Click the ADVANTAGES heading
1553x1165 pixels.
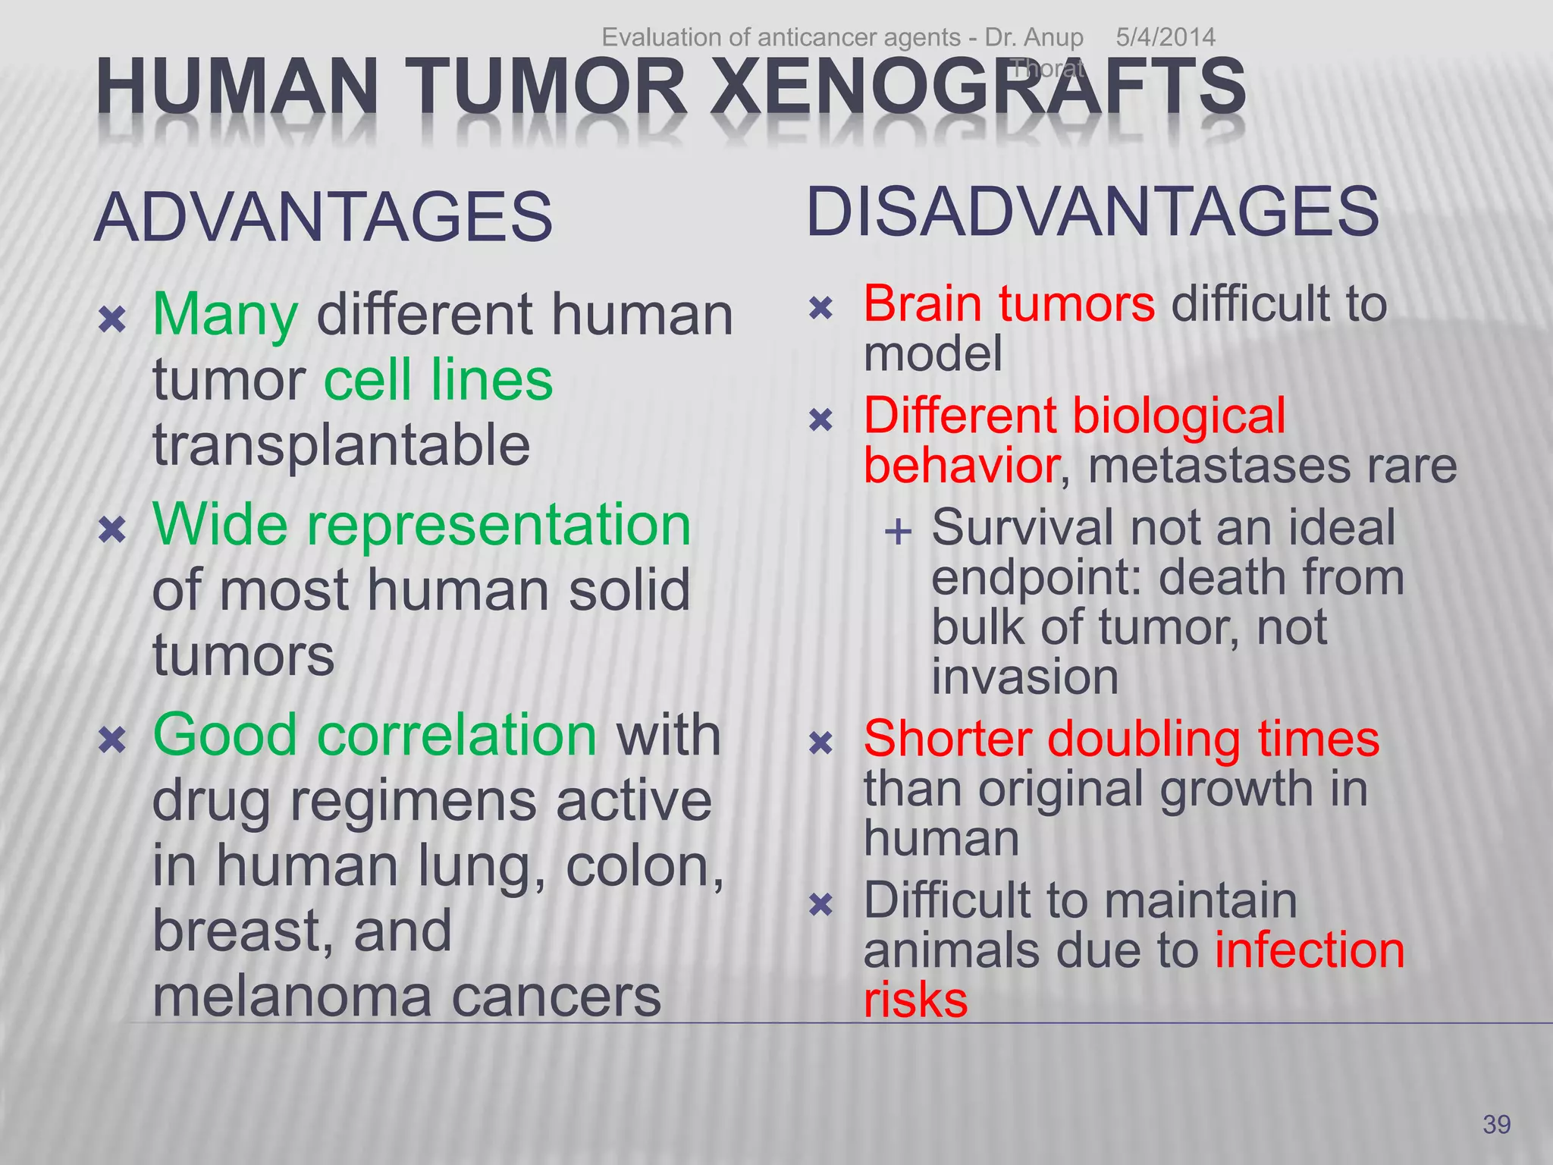324,218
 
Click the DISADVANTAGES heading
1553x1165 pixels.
1093,212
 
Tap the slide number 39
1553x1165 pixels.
1496,1124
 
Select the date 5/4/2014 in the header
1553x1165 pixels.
1166,37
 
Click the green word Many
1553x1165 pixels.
225,316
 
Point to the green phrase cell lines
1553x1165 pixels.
438,380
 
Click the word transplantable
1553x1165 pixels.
341,444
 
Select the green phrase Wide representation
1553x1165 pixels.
422,525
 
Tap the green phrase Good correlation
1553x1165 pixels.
375,735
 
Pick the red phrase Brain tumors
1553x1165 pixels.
1009,304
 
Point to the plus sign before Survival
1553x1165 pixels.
898,532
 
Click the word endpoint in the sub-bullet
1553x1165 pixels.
1036,578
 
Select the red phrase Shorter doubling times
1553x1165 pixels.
1122,739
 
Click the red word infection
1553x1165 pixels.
1310,950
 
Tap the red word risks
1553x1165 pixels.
915,1000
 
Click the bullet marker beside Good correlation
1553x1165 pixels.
112,740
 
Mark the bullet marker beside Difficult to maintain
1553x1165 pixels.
821,904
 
